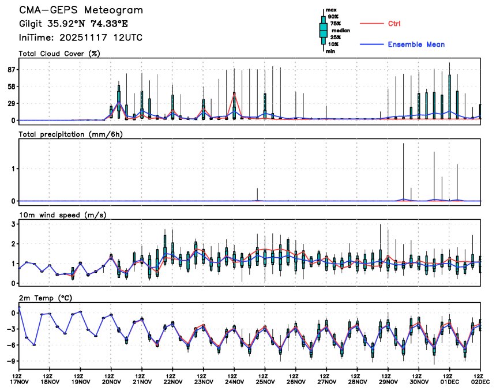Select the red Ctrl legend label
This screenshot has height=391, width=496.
[x=394, y=24]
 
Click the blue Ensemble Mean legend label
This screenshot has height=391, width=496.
[x=416, y=44]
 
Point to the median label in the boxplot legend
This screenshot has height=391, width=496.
[x=340, y=31]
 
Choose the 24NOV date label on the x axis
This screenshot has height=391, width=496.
[x=234, y=382]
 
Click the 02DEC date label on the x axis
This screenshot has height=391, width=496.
[x=480, y=382]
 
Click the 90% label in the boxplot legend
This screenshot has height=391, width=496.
[x=333, y=17]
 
